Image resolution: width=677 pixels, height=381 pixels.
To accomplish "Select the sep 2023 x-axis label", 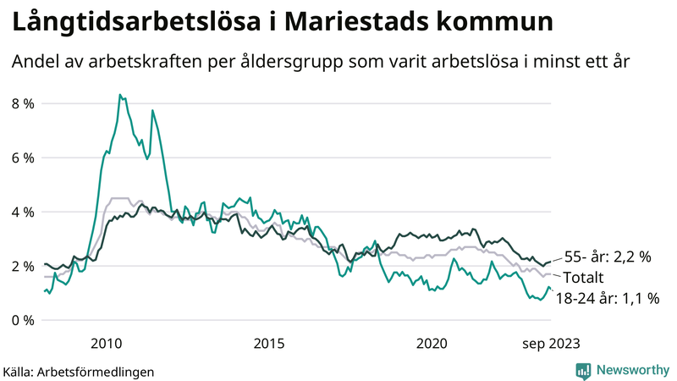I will (551, 343).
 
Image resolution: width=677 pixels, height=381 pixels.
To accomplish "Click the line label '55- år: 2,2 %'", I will (607, 257).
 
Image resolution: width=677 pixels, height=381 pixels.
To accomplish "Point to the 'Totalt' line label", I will (584, 277).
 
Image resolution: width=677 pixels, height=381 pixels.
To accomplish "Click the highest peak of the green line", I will (120, 95).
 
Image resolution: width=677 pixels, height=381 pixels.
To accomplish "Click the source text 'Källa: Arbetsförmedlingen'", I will (79, 371).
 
